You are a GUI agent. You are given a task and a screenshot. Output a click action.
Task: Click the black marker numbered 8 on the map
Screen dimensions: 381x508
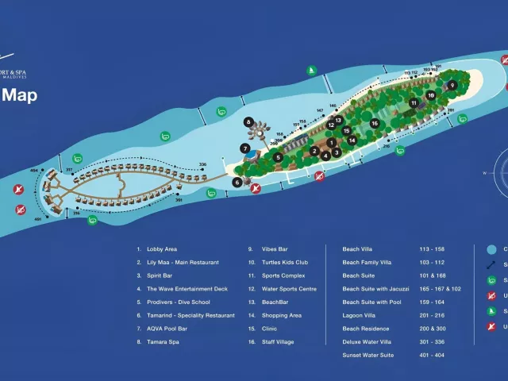click(249, 122)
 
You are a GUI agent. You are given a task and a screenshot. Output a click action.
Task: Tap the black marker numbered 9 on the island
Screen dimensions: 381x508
click(452, 85)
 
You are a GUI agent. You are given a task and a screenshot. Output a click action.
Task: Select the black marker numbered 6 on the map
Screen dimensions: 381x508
click(237, 182)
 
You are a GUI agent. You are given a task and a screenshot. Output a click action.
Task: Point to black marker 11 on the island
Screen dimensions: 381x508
click(414, 103)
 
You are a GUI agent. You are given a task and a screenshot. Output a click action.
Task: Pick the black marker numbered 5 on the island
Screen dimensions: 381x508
click(278, 157)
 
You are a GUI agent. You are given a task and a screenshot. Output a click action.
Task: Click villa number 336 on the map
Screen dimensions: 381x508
click(202, 164)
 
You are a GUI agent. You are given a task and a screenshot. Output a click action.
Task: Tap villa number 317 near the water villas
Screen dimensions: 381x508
click(69, 170)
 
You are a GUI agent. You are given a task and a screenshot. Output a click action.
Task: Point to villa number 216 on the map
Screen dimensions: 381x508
click(387, 146)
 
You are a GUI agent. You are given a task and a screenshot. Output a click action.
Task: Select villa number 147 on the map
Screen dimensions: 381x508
click(320, 110)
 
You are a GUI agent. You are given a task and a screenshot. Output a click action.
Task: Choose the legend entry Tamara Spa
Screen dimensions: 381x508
click(162, 342)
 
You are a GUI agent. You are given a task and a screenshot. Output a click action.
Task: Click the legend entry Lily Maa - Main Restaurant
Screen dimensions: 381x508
click(183, 262)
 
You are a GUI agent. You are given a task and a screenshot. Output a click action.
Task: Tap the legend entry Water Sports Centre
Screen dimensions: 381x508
click(289, 289)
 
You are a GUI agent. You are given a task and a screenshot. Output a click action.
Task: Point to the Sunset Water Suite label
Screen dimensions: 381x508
click(368, 355)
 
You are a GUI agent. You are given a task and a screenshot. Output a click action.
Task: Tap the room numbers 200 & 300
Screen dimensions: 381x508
click(433, 329)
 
